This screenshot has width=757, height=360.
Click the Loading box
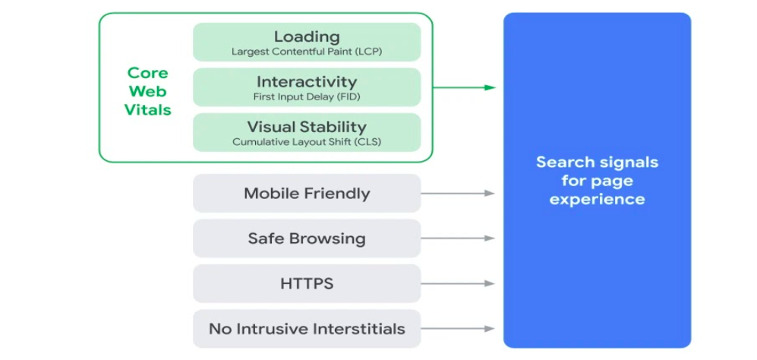pyautogui.click(x=307, y=42)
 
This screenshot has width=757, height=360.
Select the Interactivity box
pyautogui.click(x=307, y=87)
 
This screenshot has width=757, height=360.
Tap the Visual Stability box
pyautogui.click(x=307, y=132)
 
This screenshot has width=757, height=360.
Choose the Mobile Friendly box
pyautogui.click(x=307, y=193)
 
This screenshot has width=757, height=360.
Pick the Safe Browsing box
pyautogui.click(x=307, y=238)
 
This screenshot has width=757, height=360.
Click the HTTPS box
pyautogui.click(x=307, y=284)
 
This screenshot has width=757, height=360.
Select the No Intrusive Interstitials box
pyautogui.click(x=307, y=329)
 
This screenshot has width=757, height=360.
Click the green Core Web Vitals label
pyautogui.click(x=148, y=91)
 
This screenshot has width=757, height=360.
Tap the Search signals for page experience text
pyautogui.click(x=597, y=181)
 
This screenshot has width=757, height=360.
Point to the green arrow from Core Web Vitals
pyautogui.click(x=464, y=87)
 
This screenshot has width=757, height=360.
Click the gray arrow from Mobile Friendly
pyautogui.click(x=458, y=193)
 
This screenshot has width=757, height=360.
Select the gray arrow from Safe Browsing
pyautogui.click(x=458, y=238)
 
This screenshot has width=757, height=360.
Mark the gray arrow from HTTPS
pyautogui.click(x=458, y=284)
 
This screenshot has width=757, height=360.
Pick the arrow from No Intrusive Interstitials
pyautogui.click(x=458, y=329)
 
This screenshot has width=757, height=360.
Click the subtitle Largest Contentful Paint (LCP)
pyautogui.click(x=307, y=52)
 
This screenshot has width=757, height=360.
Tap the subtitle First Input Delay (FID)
pyautogui.click(x=307, y=97)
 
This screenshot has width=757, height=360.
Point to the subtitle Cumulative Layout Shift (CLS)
pyautogui.click(x=307, y=142)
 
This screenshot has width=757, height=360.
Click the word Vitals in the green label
pyautogui.click(x=148, y=109)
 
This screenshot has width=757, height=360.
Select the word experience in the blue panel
pyautogui.click(x=597, y=200)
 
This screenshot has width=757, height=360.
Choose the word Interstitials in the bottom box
pyautogui.click(x=360, y=329)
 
